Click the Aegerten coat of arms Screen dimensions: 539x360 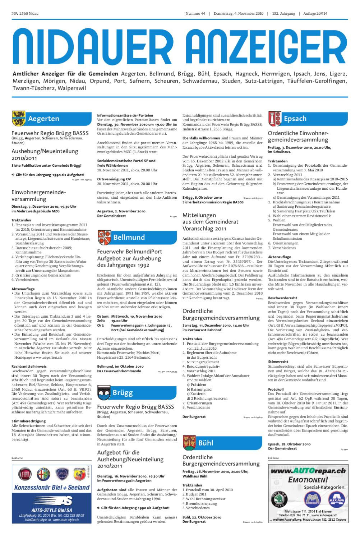[x=18, y=119]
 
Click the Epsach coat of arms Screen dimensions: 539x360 [x=275, y=119]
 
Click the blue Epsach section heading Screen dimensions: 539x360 [x=295, y=119]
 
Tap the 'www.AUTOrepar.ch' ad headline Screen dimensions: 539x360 [x=308, y=471]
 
